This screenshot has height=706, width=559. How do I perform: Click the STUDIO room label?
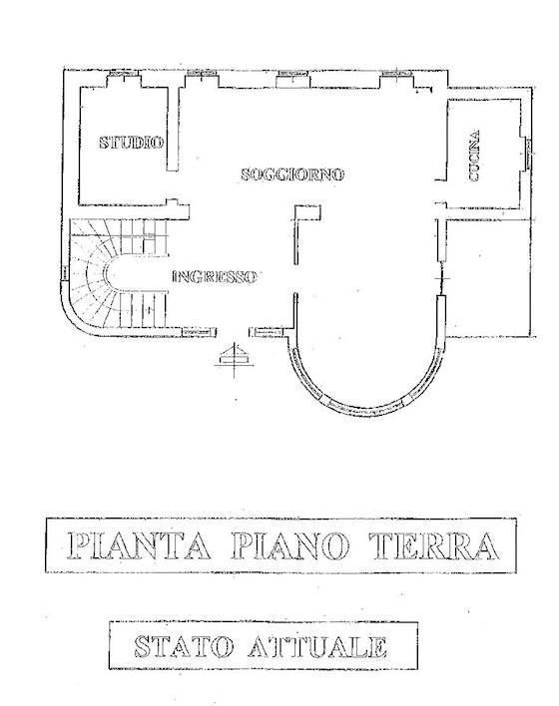[131, 143]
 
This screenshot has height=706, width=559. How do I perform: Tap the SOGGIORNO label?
[292, 174]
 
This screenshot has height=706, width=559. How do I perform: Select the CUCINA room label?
[474, 156]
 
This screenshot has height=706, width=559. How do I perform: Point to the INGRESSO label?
[215, 276]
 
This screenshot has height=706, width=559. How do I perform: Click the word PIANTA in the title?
[139, 545]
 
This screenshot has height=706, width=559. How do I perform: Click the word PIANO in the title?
[290, 545]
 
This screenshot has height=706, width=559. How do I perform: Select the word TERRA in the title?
[434, 545]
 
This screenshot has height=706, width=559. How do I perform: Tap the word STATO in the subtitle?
[184, 646]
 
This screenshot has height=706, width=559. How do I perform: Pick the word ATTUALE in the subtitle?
[317, 646]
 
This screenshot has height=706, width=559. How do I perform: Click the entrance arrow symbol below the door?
[234, 356]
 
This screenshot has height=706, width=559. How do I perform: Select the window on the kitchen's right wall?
[528, 154]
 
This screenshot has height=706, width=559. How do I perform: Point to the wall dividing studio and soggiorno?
[173, 129]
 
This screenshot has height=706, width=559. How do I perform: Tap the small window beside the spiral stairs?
[65, 272]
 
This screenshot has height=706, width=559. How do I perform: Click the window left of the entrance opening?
[199, 332]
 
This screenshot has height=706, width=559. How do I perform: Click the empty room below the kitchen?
[488, 277]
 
